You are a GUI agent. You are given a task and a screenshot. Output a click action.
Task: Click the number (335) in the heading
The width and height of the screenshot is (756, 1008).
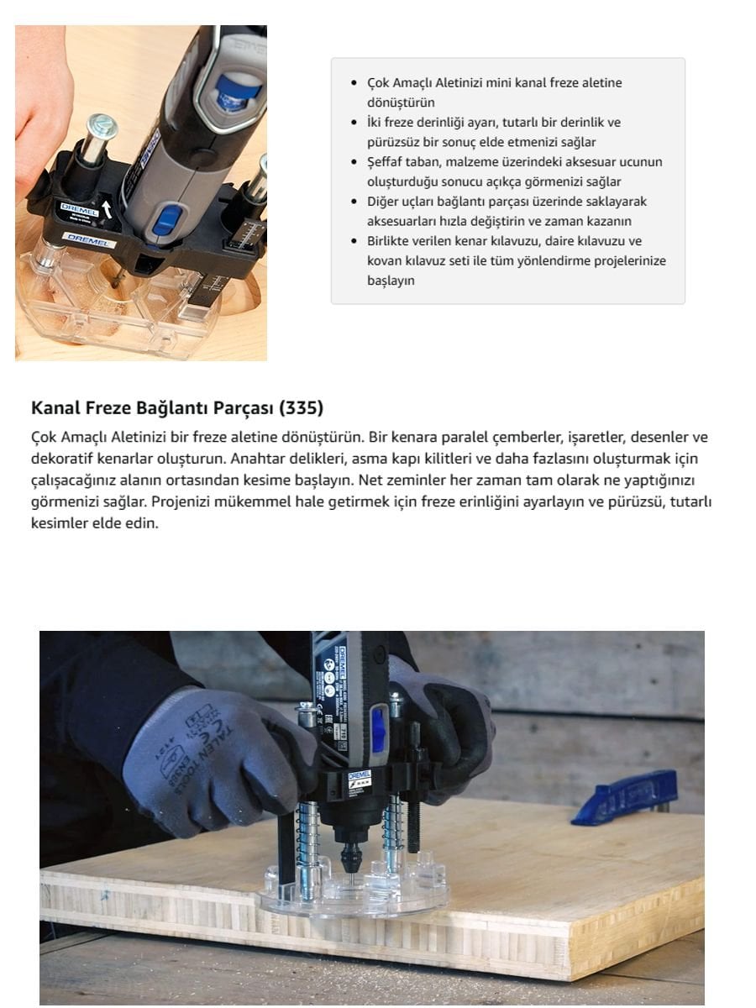(301, 408)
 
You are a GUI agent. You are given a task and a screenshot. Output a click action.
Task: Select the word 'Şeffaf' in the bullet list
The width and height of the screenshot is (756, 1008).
(386, 162)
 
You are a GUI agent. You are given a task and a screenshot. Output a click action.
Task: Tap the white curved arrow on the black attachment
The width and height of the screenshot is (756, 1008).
(107, 207)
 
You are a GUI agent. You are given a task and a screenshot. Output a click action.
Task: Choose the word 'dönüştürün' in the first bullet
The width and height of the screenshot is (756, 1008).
(401, 102)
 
